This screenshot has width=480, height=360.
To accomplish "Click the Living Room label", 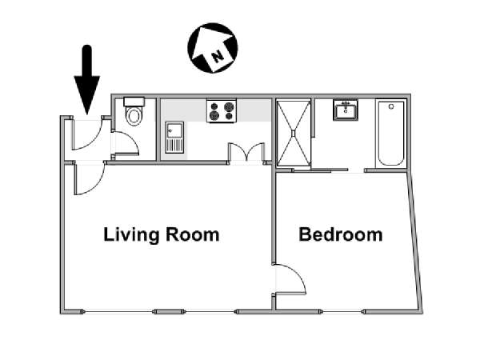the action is pos(162,234).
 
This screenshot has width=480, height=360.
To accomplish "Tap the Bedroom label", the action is pos(341,234).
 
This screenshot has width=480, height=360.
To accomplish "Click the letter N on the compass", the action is pos(218,56).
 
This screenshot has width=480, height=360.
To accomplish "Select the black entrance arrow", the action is pos(87,80).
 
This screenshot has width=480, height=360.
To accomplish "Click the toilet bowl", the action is pos(134,116).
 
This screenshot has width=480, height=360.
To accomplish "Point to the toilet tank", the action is pos(134,102).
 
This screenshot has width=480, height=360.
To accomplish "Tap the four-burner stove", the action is pos(222,110).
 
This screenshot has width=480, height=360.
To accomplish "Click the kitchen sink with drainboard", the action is pos(174,138).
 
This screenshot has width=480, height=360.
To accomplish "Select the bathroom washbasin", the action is pos(346,110).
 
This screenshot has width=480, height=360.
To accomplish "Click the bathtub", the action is pos(391,134).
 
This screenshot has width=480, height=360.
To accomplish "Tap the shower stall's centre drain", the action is pos(294,134).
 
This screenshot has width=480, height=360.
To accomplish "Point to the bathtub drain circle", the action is pos(391,106).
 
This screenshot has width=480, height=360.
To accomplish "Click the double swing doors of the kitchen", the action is pos(246,152).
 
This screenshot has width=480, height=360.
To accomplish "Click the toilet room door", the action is pos(126,143).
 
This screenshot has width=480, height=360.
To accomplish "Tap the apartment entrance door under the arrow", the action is pos(87,134).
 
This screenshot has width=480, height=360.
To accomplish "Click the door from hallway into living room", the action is pos(90,178).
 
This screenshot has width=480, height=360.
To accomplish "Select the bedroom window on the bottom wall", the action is pos(342,312).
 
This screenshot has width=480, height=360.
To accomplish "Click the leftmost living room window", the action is pos(118,312).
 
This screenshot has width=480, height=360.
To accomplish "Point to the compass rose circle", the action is pos(213,48).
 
